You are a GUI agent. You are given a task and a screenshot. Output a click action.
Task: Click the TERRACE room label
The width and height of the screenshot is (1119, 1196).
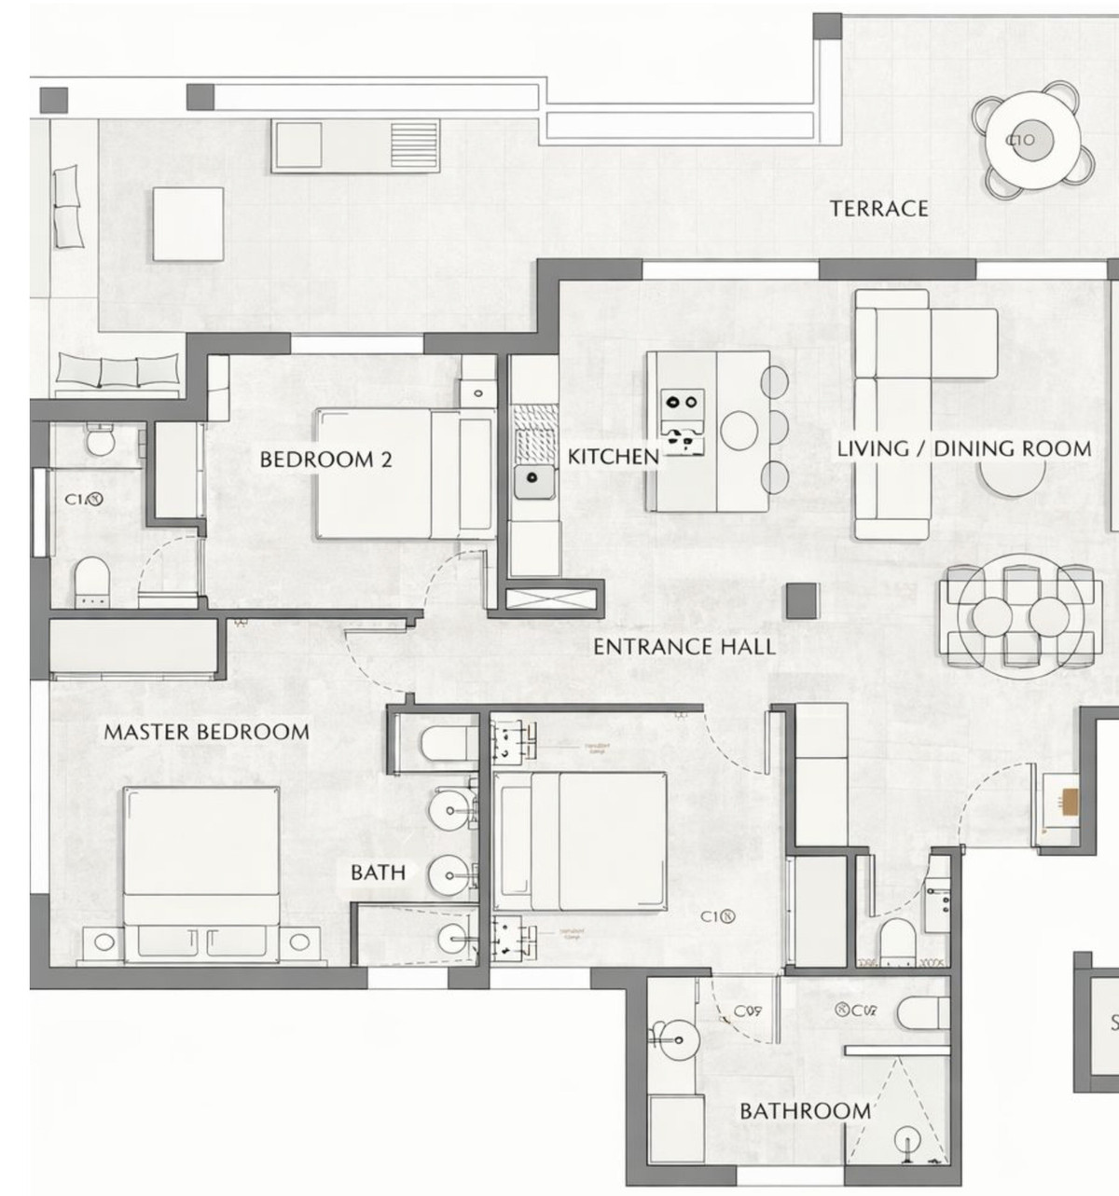[x=879, y=208]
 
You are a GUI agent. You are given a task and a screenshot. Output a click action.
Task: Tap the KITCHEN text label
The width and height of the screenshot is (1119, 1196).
[x=613, y=457]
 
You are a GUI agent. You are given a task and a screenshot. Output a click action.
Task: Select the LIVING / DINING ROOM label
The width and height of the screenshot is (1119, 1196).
[x=963, y=448]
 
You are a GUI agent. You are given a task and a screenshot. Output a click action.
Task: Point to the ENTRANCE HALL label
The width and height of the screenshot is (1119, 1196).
[x=684, y=647]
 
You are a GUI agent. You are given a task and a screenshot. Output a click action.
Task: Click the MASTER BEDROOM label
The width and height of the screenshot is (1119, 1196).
[x=206, y=733]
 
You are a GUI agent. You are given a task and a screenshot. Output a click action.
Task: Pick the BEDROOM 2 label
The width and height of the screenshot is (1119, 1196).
[x=325, y=460]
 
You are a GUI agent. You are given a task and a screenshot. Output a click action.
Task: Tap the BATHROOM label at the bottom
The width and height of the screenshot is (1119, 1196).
[x=805, y=1111]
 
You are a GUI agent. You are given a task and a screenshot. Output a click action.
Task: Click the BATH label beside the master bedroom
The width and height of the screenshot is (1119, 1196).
[x=378, y=873]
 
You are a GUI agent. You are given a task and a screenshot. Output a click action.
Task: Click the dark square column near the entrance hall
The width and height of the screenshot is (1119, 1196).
[x=801, y=600]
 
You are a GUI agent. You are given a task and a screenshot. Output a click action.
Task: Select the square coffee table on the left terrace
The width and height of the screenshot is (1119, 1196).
[x=188, y=224]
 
